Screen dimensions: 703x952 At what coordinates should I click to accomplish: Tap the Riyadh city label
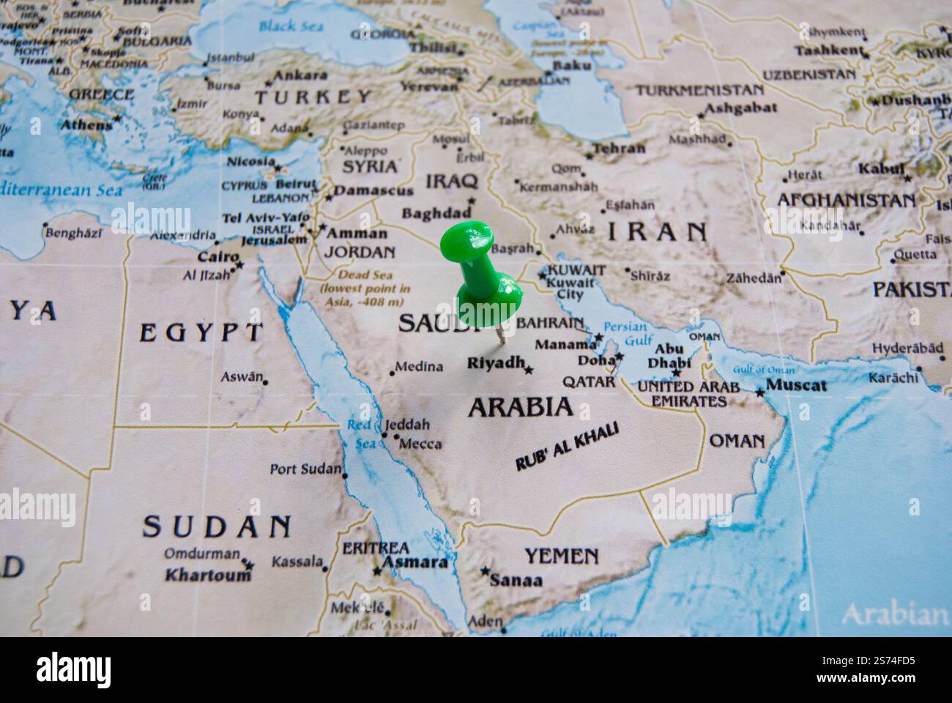[496, 362]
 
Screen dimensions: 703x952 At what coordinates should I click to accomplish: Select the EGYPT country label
[199, 332]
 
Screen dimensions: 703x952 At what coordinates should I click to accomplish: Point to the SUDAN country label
[216, 526]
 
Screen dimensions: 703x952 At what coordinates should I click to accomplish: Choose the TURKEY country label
[313, 97]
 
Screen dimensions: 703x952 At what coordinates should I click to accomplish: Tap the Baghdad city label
[436, 214]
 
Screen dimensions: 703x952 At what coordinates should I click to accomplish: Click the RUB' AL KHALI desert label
[567, 447]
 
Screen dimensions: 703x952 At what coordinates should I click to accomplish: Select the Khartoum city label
[208, 575]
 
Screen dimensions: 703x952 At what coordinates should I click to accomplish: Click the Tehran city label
[619, 149]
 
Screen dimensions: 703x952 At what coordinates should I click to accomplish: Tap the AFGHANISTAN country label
[846, 199]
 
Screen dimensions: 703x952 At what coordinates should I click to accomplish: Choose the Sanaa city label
[516, 581]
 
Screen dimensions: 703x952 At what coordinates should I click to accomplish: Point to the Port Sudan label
[305, 469]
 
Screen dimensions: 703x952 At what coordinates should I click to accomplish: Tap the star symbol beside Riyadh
[529, 371]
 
